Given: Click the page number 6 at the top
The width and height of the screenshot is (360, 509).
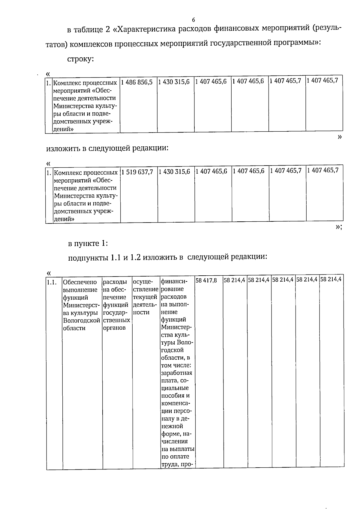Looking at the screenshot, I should [x=193, y=20].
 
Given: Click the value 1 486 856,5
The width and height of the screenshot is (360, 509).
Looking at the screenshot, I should [x=138, y=82].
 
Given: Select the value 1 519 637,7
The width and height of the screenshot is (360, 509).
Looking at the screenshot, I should [x=138, y=172].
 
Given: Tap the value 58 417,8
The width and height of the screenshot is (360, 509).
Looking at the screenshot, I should [x=206, y=281].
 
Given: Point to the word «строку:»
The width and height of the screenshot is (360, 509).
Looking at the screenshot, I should [x=81, y=59].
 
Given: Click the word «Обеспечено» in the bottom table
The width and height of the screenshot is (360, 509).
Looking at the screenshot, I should [x=80, y=282].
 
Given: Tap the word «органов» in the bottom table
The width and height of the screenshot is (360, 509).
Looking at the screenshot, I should [x=114, y=328].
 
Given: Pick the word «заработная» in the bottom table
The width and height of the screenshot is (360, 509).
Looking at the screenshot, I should [x=176, y=373].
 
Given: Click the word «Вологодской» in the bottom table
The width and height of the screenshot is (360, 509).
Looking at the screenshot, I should [x=81, y=320].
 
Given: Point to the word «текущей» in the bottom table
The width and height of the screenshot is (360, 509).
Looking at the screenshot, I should [x=145, y=297].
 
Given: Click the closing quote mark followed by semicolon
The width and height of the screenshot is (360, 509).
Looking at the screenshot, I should [x=339, y=227].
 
